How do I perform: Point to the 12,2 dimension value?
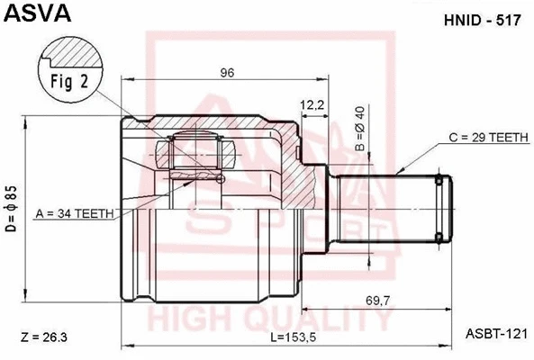point(312,105)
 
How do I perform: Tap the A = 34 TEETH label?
point(75,213)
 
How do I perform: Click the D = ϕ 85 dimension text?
point(12,209)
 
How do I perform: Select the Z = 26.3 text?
point(43,337)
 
